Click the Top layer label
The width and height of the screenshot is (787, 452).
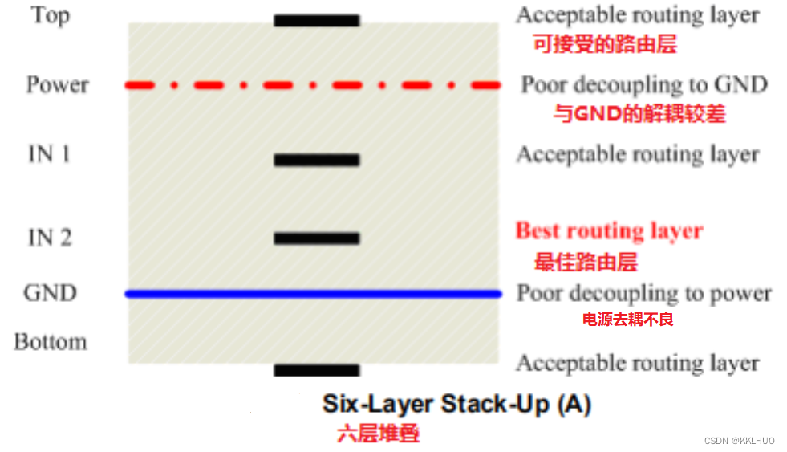click(51, 15)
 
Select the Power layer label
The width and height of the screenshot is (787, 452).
click(57, 85)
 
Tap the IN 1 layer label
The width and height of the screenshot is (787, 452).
click(49, 154)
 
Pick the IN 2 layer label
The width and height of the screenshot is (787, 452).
click(50, 238)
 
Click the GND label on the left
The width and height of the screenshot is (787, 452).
click(51, 293)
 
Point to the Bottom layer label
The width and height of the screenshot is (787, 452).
click(50, 342)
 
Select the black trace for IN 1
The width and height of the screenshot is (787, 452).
click(316, 161)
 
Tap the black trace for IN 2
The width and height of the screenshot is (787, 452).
click(316, 238)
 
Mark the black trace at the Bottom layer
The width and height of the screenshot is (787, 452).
click(316, 370)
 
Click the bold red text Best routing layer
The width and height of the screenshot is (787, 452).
click(609, 232)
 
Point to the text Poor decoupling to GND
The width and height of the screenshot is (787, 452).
click(644, 85)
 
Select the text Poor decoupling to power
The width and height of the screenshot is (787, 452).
click(644, 294)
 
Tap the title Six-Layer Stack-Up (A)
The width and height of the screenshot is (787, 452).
click(456, 403)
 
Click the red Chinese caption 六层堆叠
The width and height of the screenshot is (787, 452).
click(378, 434)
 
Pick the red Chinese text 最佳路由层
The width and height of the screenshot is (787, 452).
click(586, 262)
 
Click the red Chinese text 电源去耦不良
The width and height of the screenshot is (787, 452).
click(627, 320)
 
